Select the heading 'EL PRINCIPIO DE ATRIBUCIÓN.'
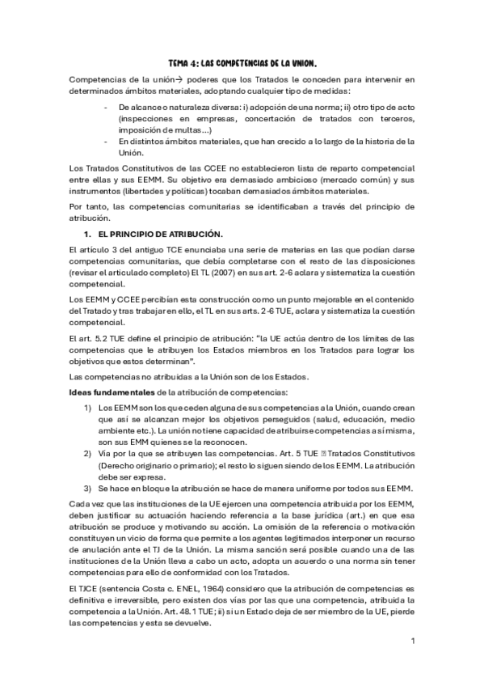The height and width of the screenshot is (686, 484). [x=149, y=234]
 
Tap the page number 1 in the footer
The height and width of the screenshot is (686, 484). [x=412, y=641]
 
